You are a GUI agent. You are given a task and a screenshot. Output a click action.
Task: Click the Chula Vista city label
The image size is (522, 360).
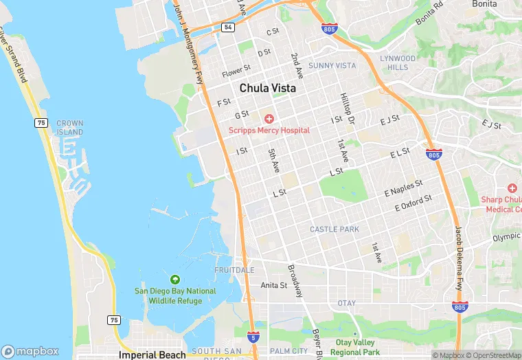(268, 89)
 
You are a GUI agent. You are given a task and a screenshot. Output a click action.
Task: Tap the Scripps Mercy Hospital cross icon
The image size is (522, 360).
(269, 119)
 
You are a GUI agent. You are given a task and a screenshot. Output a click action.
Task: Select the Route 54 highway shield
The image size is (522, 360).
(228, 27)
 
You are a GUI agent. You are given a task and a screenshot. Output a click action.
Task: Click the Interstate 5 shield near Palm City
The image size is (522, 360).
(253, 337)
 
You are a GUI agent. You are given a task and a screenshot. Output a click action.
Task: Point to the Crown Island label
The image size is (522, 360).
(70, 127)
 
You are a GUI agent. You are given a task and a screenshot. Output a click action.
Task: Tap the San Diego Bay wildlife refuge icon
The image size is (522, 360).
(174, 280)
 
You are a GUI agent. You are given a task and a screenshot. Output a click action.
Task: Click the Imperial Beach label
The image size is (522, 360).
(152, 355)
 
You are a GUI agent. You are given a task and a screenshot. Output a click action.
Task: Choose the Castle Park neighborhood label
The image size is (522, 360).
(334, 229)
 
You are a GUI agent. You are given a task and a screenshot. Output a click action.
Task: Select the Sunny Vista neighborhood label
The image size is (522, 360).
(332, 65)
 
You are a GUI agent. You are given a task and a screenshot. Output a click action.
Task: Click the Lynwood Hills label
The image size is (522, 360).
(398, 63)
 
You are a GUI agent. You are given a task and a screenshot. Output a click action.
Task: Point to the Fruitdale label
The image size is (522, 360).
(234, 270)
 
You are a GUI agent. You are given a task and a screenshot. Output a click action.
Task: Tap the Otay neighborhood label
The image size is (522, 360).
(347, 303)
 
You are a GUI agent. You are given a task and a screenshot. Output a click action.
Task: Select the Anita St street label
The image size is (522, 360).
(273, 285)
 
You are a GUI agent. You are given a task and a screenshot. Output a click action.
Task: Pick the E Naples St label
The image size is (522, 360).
(403, 187)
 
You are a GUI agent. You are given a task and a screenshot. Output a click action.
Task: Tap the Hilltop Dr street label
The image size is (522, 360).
(348, 109)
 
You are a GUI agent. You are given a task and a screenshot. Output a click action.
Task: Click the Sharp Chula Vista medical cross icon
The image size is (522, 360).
(512, 188)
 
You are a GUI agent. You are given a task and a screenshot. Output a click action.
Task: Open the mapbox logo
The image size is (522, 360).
(30, 351)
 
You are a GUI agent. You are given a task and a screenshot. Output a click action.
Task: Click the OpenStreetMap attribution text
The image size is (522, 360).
(493, 355)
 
